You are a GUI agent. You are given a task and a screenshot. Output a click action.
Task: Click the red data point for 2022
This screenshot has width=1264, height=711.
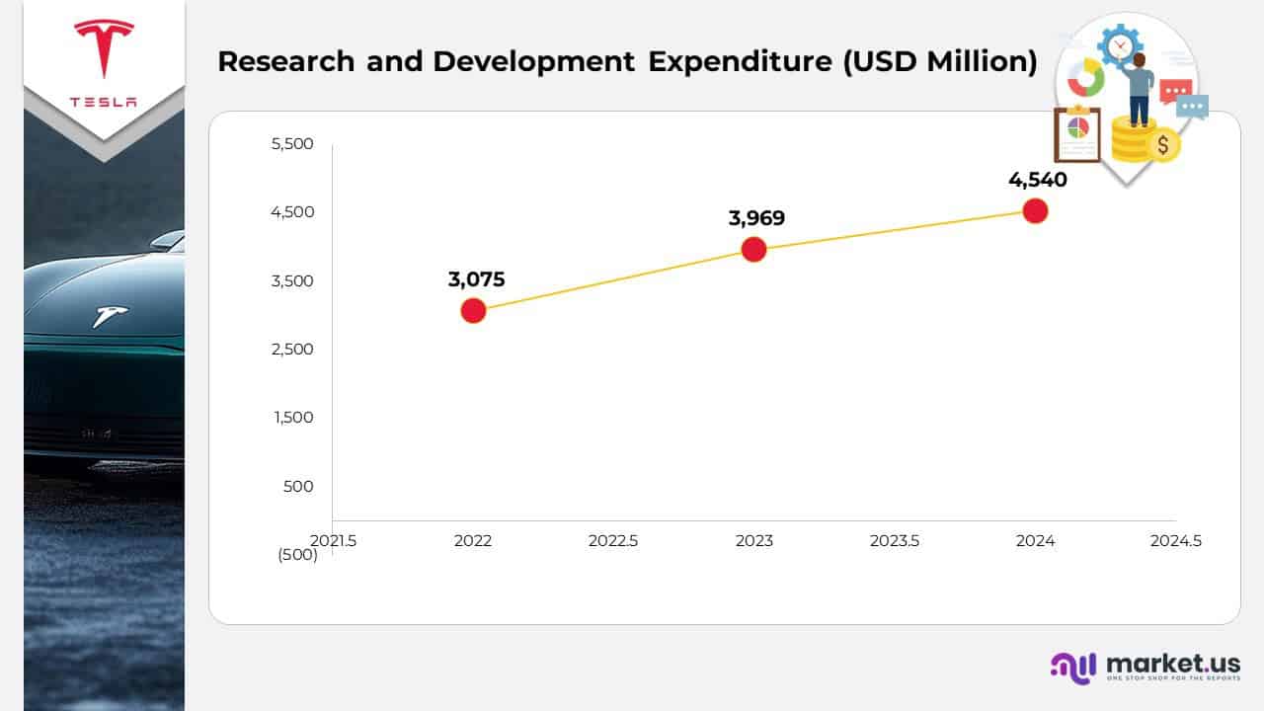(x=473, y=311)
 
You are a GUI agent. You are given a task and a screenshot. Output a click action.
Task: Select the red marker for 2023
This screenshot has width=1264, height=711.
(x=753, y=249)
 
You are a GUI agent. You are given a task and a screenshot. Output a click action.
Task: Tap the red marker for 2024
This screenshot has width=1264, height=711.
(x=1035, y=210)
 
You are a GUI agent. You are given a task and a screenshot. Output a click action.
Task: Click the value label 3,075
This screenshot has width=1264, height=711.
(x=476, y=279)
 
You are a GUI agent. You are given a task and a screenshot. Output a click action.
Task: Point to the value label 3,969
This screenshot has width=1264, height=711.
(x=756, y=218)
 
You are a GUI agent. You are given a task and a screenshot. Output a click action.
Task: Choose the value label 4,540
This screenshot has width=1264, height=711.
(x=1038, y=180)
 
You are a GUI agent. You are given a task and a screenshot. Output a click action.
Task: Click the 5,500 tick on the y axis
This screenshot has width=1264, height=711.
(x=291, y=144)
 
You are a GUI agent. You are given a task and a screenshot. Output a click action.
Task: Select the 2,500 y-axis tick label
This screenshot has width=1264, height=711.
(x=291, y=349)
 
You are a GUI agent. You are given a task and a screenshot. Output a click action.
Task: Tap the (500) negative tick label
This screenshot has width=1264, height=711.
(x=297, y=555)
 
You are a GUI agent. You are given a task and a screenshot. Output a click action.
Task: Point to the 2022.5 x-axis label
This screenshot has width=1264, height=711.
(x=613, y=541)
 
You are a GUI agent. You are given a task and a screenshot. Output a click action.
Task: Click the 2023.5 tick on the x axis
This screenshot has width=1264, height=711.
(x=895, y=541)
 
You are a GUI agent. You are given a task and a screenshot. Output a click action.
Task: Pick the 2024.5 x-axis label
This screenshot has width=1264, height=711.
(x=1176, y=541)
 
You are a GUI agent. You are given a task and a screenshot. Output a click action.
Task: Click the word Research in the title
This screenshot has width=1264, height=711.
(x=287, y=61)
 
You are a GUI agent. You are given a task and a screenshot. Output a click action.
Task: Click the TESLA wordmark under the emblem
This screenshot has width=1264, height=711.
(x=104, y=103)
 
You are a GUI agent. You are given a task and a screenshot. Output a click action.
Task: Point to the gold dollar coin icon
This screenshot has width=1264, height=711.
(x=1163, y=145)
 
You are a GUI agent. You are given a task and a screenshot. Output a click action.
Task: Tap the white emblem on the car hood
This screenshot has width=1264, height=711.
(x=110, y=316)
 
